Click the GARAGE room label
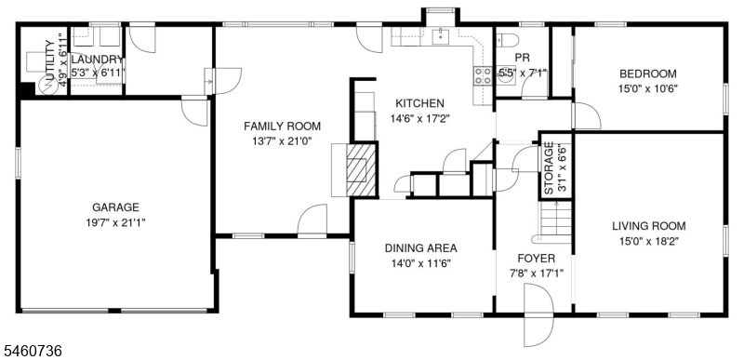pos(115,207)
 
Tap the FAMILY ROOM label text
pos(282,127)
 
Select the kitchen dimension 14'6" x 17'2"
pos(419,118)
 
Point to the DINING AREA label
pos(420,248)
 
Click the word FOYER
pos(536,259)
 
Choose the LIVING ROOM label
pos(648,226)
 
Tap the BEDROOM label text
pos(647,74)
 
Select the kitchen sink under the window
pos(441,36)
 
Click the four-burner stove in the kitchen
pos(483,76)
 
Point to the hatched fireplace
pos(361,169)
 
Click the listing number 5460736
pos(33,351)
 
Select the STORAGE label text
pos(549,168)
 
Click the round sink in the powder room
pos(505,77)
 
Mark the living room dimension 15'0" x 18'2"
pos(648,241)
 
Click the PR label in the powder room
pos(522,58)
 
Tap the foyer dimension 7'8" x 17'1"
pos(536,273)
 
